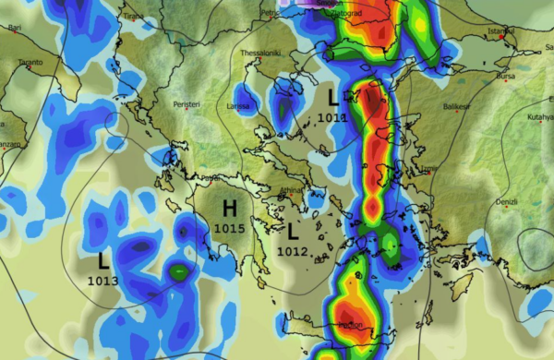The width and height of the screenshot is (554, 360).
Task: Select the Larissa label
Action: pyautogui.click(x=238, y=107)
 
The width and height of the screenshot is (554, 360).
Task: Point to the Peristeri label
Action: pyautogui.click(x=186, y=105)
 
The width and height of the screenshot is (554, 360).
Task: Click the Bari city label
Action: pyautogui.click(x=14, y=29)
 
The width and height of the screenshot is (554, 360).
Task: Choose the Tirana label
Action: pyautogui.click(x=134, y=16)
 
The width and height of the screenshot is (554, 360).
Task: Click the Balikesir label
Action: pyautogui.click(x=456, y=107)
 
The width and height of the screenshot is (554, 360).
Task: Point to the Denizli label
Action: pyautogui.click(x=507, y=200)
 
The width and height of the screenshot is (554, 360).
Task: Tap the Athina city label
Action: pyautogui.click(x=291, y=192)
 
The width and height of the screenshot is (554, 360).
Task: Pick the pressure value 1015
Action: pyautogui.click(x=229, y=227)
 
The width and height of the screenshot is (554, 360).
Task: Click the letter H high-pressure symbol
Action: pyautogui.click(x=229, y=210)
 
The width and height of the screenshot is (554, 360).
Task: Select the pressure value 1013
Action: pyautogui.click(x=103, y=280)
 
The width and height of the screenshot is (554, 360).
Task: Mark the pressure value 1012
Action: pyautogui.click(x=291, y=250)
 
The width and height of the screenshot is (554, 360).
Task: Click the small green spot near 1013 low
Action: pyautogui.click(x=179, y=273)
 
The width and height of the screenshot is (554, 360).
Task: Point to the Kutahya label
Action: pyautogui.click(x=538, y=118)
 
